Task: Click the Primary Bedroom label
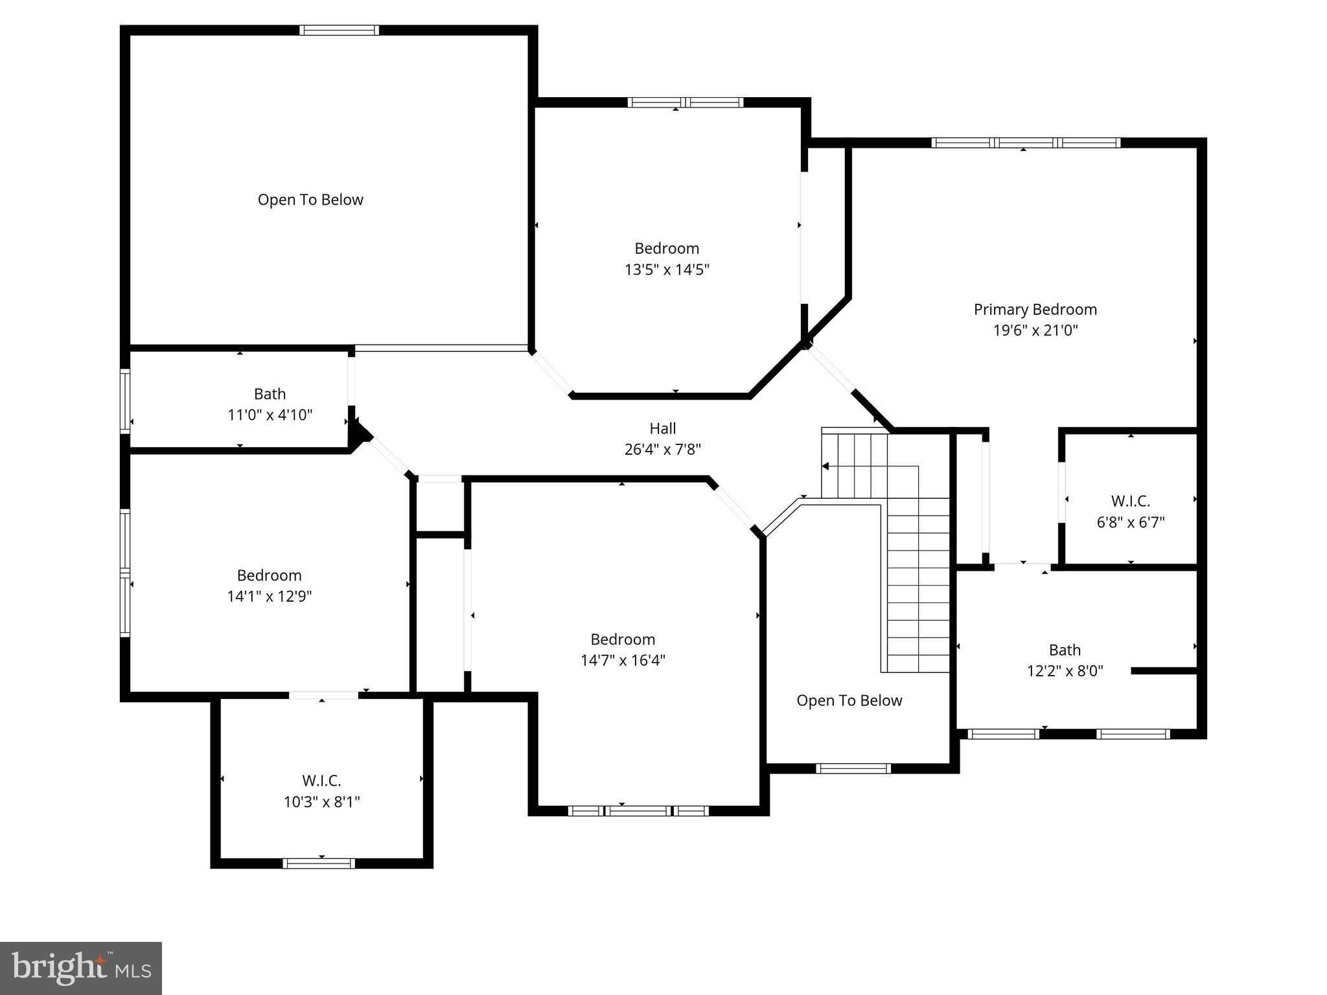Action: pos(1035,310)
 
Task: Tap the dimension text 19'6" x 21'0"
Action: pos(1035,330)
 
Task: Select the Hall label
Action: pos(662,428)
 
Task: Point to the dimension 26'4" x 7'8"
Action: pos(662,449)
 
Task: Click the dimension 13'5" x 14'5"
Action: pos(667,269)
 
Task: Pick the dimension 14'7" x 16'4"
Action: pos(623,660)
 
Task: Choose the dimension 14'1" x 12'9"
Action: pos(269,596)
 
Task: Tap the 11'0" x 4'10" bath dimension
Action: pos(270,415)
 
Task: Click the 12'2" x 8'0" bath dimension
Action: pos(1065,670)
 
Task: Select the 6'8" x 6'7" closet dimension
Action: pos(1130,522)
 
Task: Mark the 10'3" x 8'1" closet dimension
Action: pos(321,802)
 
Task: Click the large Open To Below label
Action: pos(310,200)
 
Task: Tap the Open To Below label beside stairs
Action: pos(849,700)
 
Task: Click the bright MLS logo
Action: pos(81,968)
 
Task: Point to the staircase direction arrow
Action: pos(825,466)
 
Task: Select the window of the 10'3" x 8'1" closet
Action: pos(319,863)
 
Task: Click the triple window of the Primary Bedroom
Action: pos(1026,143)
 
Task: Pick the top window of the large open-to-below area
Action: pos(339,30)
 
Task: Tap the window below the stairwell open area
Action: pos(853,768)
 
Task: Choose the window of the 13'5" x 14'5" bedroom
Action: pos(686,102)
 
